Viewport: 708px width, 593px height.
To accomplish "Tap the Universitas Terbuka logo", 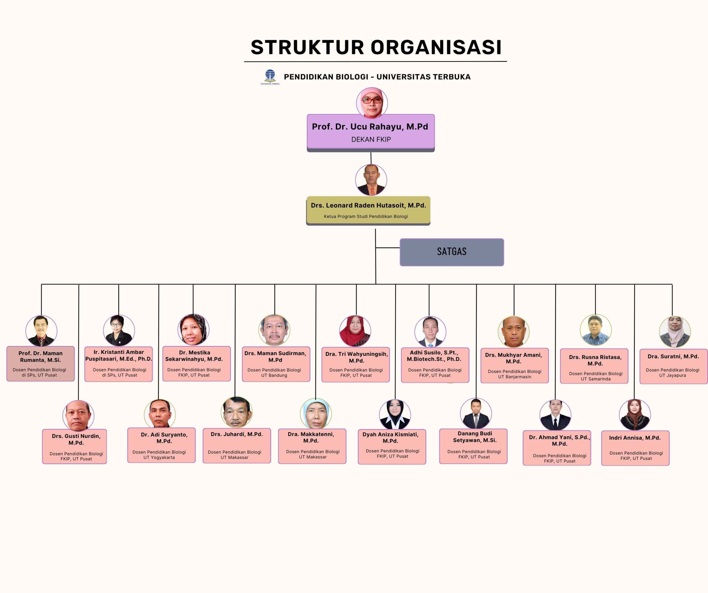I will coord(270,77).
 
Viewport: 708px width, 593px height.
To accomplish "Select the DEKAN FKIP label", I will coord(371,140).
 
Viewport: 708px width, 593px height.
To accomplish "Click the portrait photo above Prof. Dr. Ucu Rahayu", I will coord(372,103).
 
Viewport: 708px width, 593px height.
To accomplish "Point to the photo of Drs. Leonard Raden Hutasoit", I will coord(371,180).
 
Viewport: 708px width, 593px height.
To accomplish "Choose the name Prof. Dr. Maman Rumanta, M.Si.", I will coord(40,356).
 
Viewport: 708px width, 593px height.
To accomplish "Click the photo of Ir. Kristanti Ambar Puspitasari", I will coord(119,330).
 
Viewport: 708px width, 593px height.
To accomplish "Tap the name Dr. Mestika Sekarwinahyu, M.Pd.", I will coord(194,356).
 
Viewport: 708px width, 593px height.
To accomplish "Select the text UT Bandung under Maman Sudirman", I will coord(274,375).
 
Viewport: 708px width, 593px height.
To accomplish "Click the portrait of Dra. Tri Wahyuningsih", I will coord(355,331).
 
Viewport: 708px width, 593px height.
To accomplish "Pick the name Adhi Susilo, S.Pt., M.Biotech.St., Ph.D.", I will coord(434,356).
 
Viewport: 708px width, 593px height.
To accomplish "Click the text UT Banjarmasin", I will coord(514,377).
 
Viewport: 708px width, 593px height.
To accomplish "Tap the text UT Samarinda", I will coord(596,379).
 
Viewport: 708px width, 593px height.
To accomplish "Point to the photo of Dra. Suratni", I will coord(675,332).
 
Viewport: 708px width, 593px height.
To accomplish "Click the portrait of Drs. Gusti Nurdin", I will coord(78,415).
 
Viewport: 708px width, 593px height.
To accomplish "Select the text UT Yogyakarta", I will coord(159,458).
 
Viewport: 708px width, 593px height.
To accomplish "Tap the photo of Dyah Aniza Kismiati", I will coord(395,414).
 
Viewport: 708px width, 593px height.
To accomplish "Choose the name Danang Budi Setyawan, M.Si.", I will coord(475,437).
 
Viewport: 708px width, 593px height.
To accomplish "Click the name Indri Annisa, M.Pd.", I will coord(635,438).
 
